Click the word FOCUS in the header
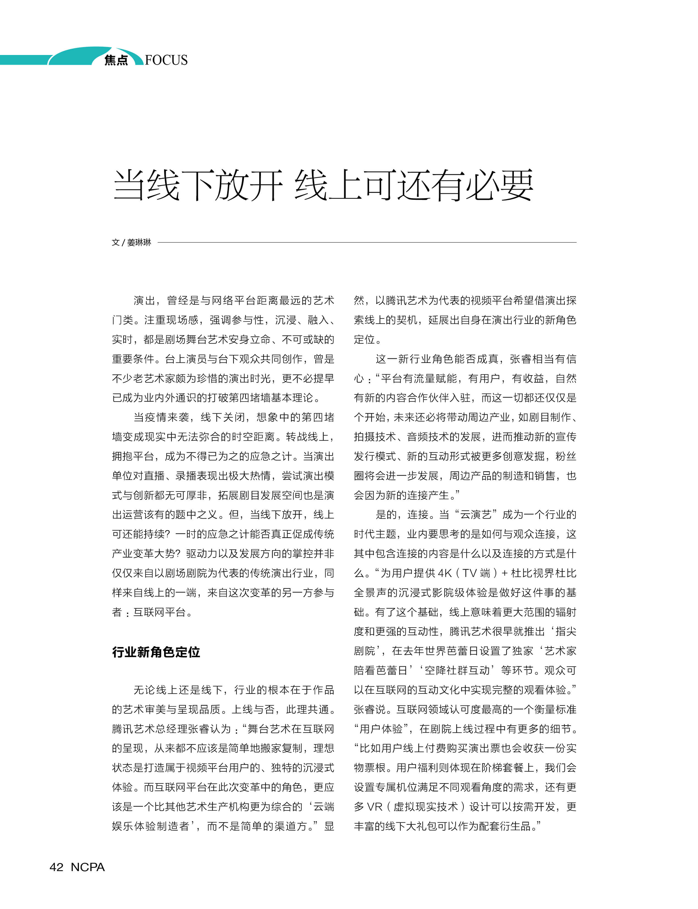166,60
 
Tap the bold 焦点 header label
116,60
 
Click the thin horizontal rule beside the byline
366,242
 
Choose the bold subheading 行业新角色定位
156,652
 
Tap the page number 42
57,867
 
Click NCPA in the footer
88,867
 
